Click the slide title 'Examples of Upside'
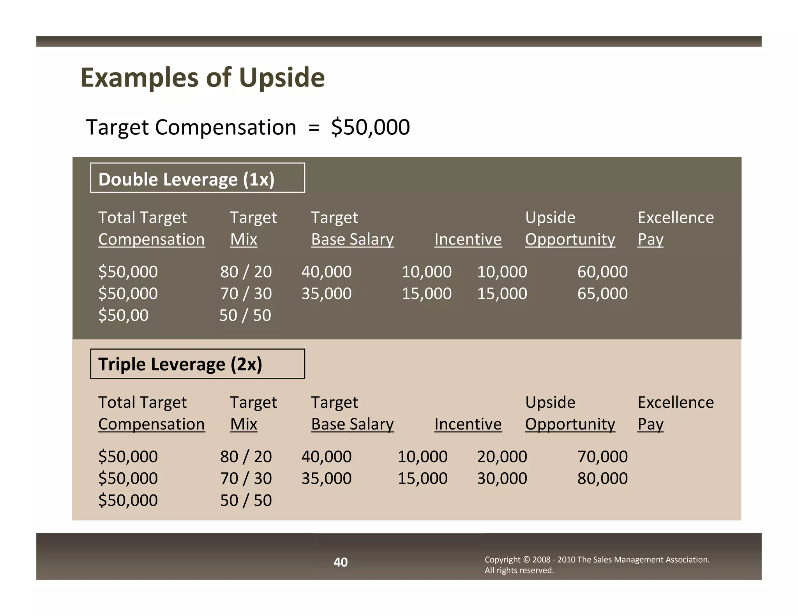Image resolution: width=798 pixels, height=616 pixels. pyautogui.click(x=202, y=77)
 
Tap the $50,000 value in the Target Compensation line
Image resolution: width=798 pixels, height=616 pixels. pyautogui.click(x=370, y=127)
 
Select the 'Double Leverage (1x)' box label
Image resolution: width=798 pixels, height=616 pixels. pyautogui.click(x=186, y=180)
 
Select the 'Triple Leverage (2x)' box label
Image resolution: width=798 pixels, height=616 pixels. pyautogui.click(x=180, y=364)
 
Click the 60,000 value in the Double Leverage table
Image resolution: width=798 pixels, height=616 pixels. pyautogui.click(x=602, y=272)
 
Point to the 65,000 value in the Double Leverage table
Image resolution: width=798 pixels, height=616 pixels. pyautogui.click(x=602, y=294)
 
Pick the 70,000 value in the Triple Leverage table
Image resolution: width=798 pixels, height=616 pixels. pyautogui.click(x=602, y=457)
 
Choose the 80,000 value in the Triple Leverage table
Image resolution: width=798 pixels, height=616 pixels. pyautogui.click(x=602, y=479)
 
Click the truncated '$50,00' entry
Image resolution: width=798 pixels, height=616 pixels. pyautogui.click(x=123, y=315)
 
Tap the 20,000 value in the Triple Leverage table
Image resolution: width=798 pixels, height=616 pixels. pyautogui.click(x=502, y=457)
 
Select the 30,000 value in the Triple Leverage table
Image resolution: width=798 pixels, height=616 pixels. pyautogui.click(x=502, y=479)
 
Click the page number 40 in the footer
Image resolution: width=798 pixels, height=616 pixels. pyautogui.click(x=341, y=562)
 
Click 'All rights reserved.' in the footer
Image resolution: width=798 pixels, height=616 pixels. pyautogui.click(x=519, y=570)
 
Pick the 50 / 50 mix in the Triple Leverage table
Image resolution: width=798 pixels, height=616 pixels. pyautogui.click(x=246, y=500)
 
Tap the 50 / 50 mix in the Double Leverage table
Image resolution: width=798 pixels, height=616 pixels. pyautogui.click(x=245, y=315)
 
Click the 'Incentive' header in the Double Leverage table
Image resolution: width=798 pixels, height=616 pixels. pyautogui.click(x=468, y=239)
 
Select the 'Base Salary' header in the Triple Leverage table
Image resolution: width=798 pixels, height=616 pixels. pyautogui.click(x=352, y=424)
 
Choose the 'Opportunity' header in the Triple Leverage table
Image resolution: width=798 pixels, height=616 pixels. pyautogui.click(x=570, y=424)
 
